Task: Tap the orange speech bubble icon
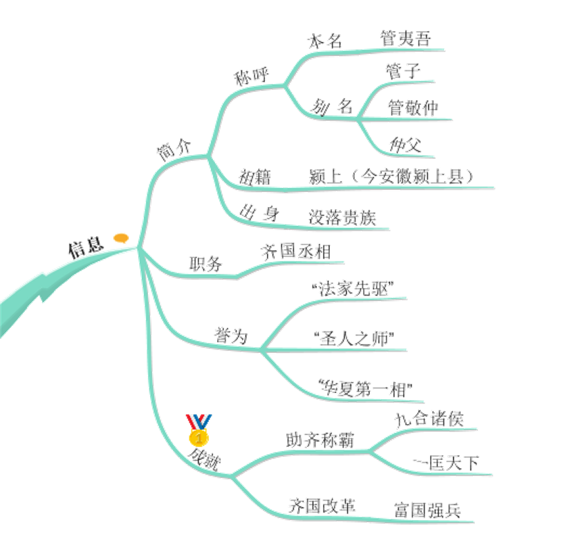click(x=121, y=238)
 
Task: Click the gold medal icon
click(x=198, y=430)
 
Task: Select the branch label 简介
click(x=174, y=150)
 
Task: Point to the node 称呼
click(x=251, y=77)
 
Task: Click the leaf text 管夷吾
click(x=406, y=39)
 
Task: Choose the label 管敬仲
click(x=413, y=108)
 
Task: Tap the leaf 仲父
click(x=405, y=145)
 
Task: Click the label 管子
click(x=403, y=71)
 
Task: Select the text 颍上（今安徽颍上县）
click(x=391, y=177)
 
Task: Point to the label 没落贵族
click(x=342, y=218)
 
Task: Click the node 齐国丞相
click(x=296, y=251)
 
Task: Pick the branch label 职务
click(x=205, y=264)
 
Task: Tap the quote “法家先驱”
click(x=353, y=289)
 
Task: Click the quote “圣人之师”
click(x=354, y=338)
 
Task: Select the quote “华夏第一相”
click(x=365, y=389)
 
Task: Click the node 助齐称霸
click(x=320, y=440)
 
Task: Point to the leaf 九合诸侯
click(x=429, y=419)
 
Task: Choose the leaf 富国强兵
click(x=427, y=510)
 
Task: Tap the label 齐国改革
click(x=322, y=506)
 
